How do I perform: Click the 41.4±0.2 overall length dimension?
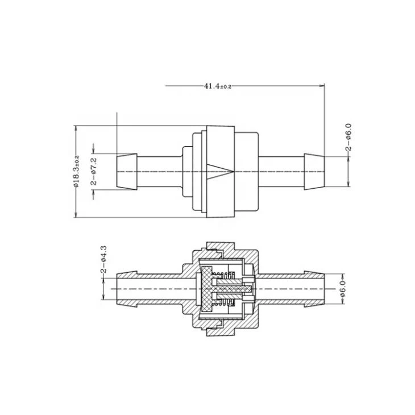click(218, 86)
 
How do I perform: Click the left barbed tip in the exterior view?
click(126, 171)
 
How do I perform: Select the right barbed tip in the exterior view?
click(314, 171)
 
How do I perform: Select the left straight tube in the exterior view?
click(159, 171)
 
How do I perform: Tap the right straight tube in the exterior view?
click(282, 171)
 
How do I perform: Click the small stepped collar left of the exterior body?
click(186, 171)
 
